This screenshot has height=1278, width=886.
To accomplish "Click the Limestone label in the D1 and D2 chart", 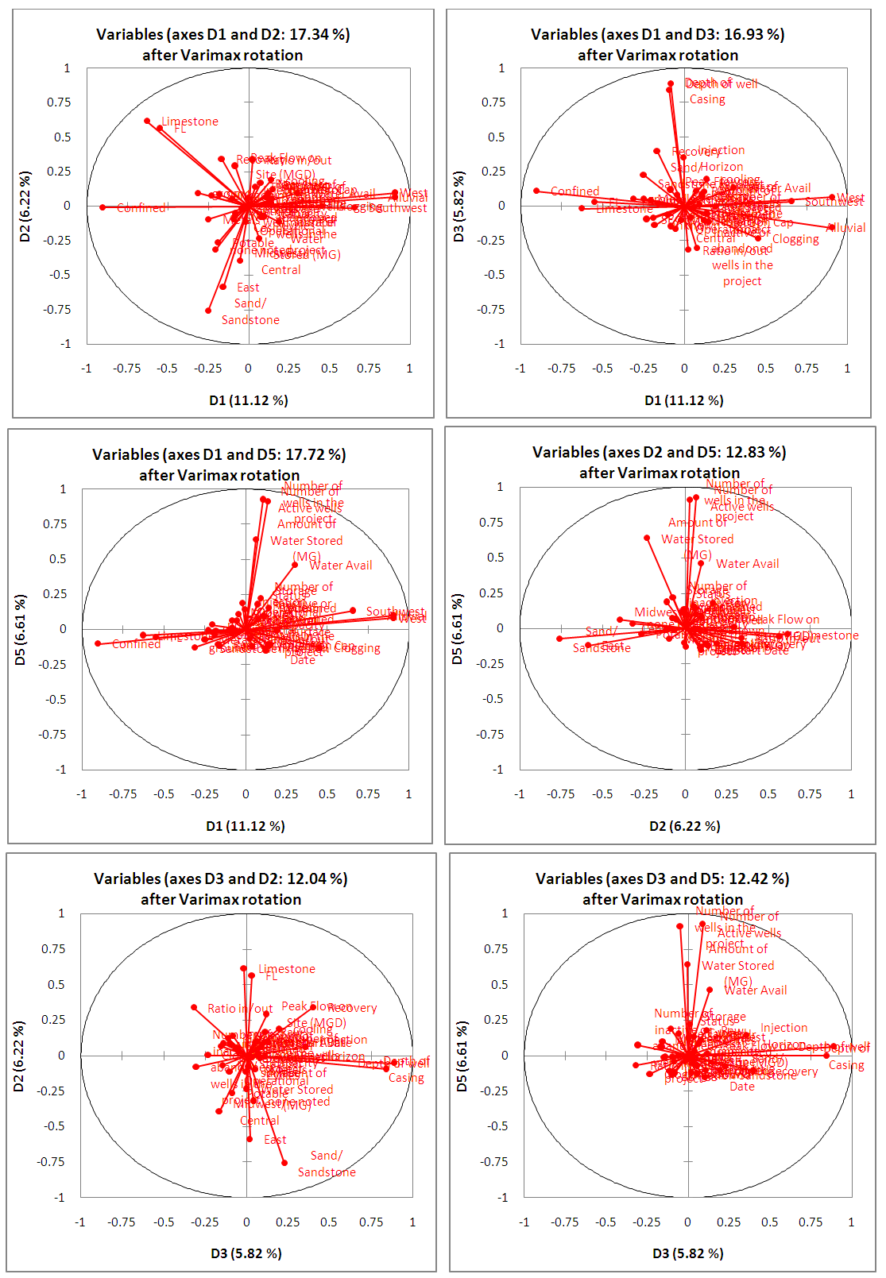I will tap(190, 122).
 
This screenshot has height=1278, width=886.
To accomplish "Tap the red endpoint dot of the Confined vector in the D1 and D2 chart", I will tap(103, 207).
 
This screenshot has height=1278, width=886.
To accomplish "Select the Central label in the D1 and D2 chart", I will tap(281, 270).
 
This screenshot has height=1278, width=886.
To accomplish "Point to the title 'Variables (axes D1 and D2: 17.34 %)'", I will tap(223, 34).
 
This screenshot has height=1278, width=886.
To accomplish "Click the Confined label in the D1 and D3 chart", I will tap(575, 191).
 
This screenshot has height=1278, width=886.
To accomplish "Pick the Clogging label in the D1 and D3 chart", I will tap(795, 239).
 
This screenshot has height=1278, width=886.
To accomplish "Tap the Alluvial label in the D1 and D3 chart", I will tap(846, 228).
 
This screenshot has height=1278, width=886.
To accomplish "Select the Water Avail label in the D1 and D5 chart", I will tap(341, 566).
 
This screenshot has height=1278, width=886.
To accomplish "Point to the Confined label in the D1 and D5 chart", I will tap(137, 644).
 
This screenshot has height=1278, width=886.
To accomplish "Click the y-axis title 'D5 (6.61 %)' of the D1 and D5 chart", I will tap(20, 629).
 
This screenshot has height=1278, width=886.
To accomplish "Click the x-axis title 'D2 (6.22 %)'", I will tap(685, 826).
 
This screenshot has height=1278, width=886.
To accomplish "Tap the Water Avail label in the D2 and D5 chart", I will tap(748, 564).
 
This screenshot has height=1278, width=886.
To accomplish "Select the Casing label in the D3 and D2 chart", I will tap(406, 1078).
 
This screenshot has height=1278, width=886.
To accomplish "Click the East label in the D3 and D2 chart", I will tap(275, 1140).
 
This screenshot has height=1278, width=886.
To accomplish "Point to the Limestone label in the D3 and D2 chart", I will tap(287, 969).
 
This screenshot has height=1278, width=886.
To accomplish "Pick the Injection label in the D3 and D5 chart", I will tap(783, 1028).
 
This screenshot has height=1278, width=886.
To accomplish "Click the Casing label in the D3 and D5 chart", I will tap(846, 1065).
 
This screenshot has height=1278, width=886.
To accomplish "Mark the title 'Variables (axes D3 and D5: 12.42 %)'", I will tap(663, 878).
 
